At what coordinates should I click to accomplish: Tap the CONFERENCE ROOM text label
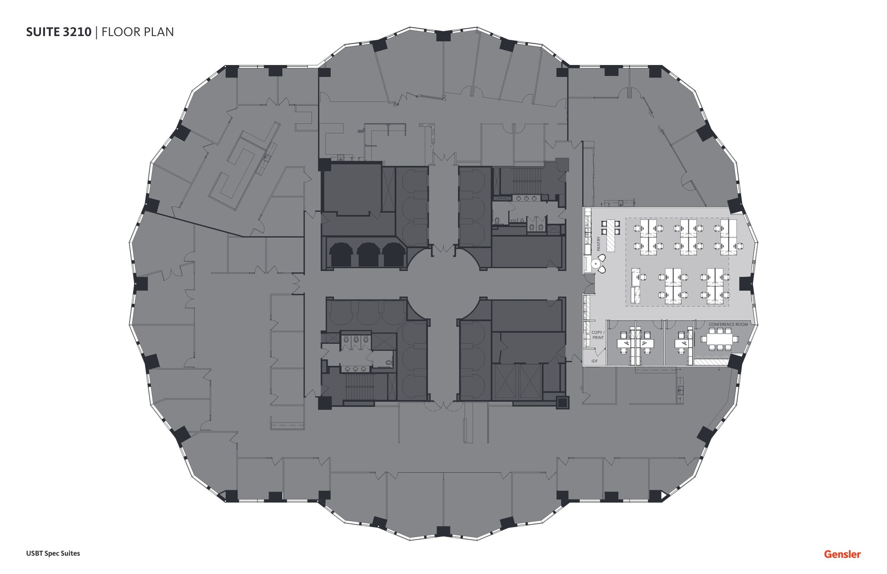[x=728, y=324]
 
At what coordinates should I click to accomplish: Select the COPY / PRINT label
[x=598, y=335]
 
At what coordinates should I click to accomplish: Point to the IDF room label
[x=595, y=361]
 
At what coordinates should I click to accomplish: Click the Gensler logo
[x=842, y=554]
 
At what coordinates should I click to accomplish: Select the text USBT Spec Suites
[x=53, y=553]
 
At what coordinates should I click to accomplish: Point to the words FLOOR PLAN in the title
[x=137, y=32]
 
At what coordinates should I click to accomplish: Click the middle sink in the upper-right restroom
[x=527, y=198]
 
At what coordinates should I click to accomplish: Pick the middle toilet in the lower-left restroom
[x=355, y=340]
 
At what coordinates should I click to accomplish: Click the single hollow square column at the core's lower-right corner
[x=562, y=402]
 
